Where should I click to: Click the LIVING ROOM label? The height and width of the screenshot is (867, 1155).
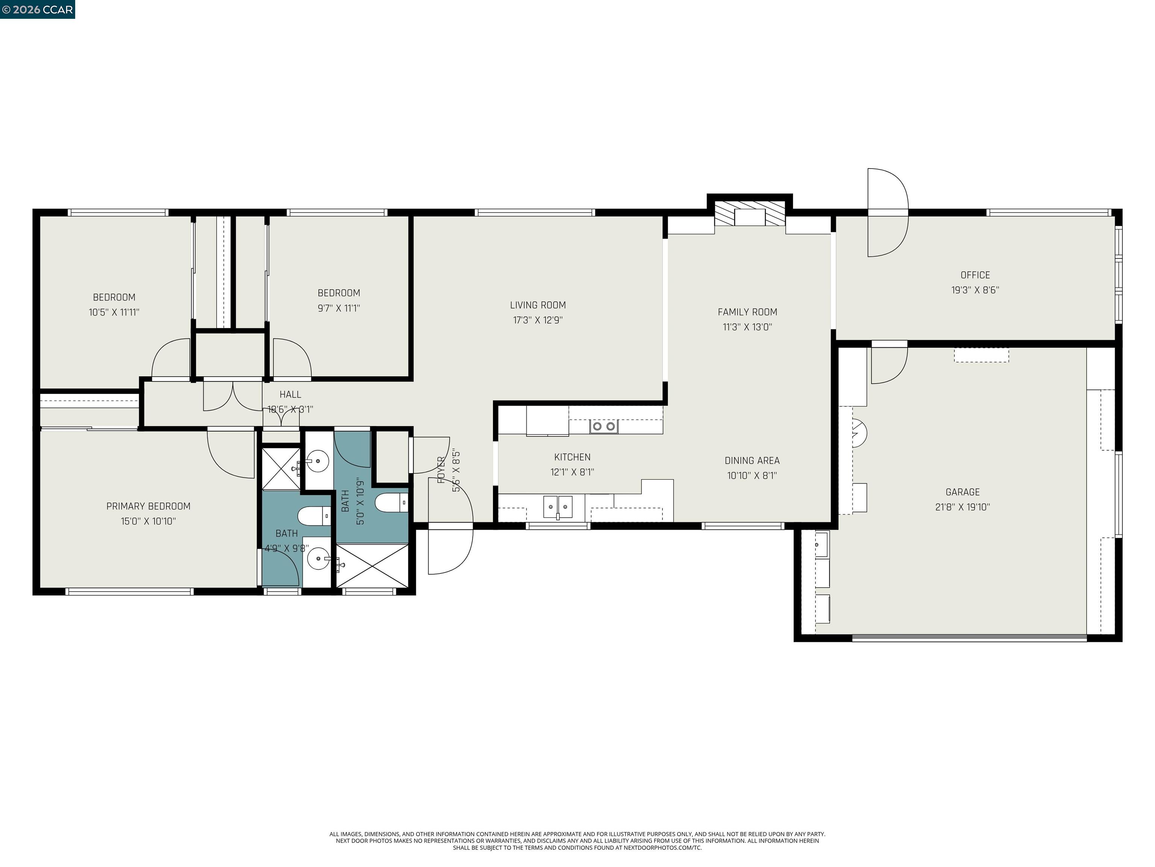click(x=538, y=305)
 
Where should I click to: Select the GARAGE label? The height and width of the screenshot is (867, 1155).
click(x=962, y=492)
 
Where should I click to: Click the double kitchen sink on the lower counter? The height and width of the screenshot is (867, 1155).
click(x=558, y=507)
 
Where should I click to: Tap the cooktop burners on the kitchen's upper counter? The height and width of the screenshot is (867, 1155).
click(x=603, y=426)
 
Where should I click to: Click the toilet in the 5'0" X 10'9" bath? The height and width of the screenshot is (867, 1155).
click(x=390, y=503)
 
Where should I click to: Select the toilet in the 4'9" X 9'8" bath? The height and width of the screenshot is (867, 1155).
click(x=313, y=516)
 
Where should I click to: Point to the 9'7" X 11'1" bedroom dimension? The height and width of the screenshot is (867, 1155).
click(x=339, y=308)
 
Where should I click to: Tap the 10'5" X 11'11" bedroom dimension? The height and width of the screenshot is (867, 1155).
click(x=114, y=312)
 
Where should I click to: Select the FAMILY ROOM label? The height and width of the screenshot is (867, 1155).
click(x=747, y=312)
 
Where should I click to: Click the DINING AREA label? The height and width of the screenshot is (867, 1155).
click(x=752, y=461)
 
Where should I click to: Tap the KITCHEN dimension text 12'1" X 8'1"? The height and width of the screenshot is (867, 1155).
click(x=572, y=472)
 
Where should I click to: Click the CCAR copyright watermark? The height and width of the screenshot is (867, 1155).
click(x=38, y=9)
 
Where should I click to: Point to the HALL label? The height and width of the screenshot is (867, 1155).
click(x=290, y=395)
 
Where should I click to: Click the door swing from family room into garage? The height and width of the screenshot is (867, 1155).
click(x=888, y=364)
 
